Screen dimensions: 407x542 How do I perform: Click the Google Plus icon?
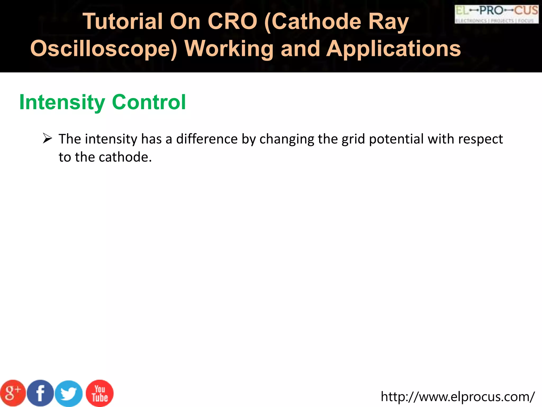[13, 393]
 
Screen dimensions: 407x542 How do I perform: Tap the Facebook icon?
[40, 393]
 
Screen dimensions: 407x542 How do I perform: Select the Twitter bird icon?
[69, 393]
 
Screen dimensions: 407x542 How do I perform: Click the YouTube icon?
[100, 393]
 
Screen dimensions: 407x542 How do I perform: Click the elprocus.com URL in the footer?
[458, 397]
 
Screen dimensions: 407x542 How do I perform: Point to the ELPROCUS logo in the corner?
[496, 14]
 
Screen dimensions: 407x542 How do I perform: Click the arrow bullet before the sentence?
[47, 139]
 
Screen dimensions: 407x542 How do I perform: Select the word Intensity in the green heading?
[62, 102]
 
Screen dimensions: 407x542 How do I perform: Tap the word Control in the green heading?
[149, 102]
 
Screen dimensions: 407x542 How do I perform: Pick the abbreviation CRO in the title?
[232, 21]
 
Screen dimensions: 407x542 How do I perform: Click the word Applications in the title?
[394, 49]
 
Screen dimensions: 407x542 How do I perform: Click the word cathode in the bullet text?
[125, 157]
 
